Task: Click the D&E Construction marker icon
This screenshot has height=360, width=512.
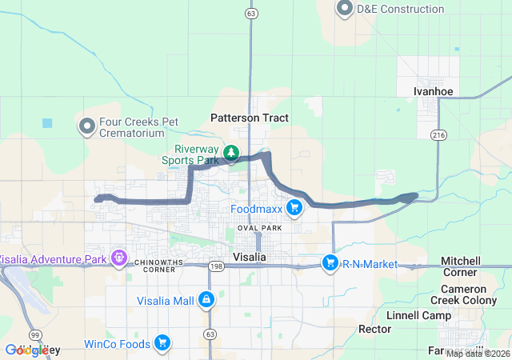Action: pyautogui.click(x=346, y=9)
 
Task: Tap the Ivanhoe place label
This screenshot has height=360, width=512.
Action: pyautogui.click(x=433, y=91)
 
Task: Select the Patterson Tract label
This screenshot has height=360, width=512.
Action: pyautogui.click(x=249, y=118)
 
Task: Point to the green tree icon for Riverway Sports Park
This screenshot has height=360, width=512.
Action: pyautogui.click(x=230, y=152)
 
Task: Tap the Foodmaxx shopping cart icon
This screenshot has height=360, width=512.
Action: pyautogui.click(x=294, y=208)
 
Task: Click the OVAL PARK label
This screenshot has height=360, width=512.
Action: pyautogui.click(x=260, y=228)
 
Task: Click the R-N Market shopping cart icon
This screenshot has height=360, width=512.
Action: pyautogui.click(x=330, y=262)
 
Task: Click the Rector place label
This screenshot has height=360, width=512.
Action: pyautogui.click(x=374, y=329)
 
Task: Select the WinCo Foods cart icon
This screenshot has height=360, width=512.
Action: pyautogui.click(x=162, y=343)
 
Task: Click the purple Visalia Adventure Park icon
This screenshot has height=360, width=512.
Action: pyautogui.click(x=119, y=258)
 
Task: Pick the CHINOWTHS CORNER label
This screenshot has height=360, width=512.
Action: pyautogui.click(x=143, y=265)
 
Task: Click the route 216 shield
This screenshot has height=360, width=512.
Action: pyautogui.click(x=438, y=134)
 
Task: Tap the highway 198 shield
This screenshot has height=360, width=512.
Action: pyautogui.click(x=215, y=266)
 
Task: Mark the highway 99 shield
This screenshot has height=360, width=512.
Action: pyautogui.click(x=34, y=334)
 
